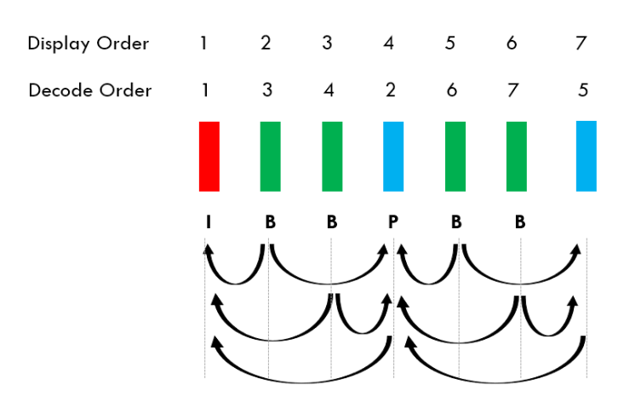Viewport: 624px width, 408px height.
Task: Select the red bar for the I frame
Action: pos(209,156)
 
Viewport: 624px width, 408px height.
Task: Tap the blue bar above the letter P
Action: pos(393,156)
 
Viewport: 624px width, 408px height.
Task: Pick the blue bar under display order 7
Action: pos(586,155)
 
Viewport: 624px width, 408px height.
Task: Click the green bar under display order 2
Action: pos(270,156)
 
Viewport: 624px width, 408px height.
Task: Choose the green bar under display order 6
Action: pos(517,156)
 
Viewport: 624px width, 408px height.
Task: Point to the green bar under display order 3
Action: pos(332,156)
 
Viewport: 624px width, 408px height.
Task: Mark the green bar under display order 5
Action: pos(455,156)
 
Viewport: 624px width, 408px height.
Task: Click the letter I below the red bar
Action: pos(209,222)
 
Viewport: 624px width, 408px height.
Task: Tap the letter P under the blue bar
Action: pos(393,222)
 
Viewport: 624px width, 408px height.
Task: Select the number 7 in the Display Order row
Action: pos(581,43)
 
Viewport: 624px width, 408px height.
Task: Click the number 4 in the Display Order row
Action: pos(389,43)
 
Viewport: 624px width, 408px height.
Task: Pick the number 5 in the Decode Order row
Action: pos(582,90)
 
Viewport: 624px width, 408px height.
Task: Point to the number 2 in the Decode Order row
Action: pos(390,90)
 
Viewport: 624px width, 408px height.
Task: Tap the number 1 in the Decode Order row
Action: pos(204,90)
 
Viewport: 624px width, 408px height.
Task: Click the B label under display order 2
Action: pos(270,222)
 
